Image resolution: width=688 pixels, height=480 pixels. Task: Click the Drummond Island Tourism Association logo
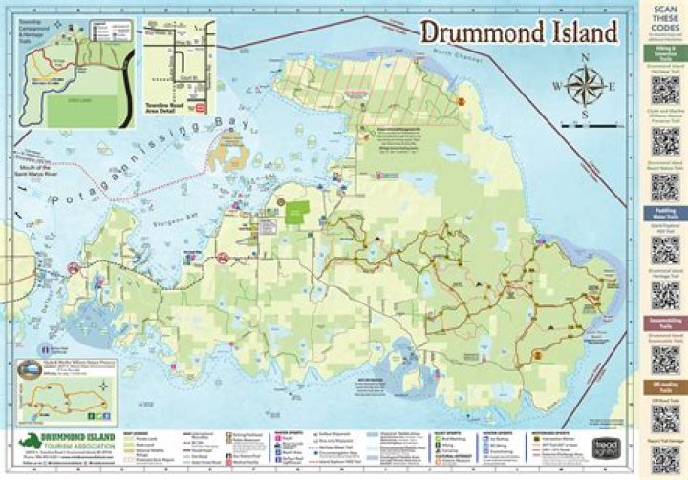click(x=57, y=444)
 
